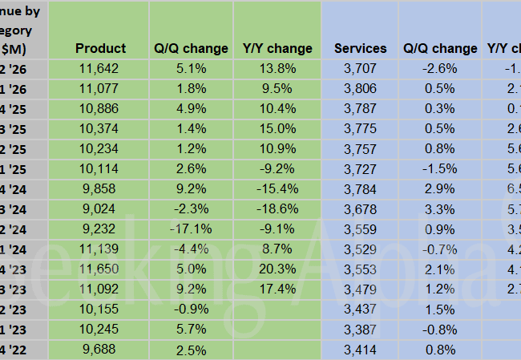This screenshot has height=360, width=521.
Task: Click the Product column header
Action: click(100, 48)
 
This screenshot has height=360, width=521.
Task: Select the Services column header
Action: click(360, 48)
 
